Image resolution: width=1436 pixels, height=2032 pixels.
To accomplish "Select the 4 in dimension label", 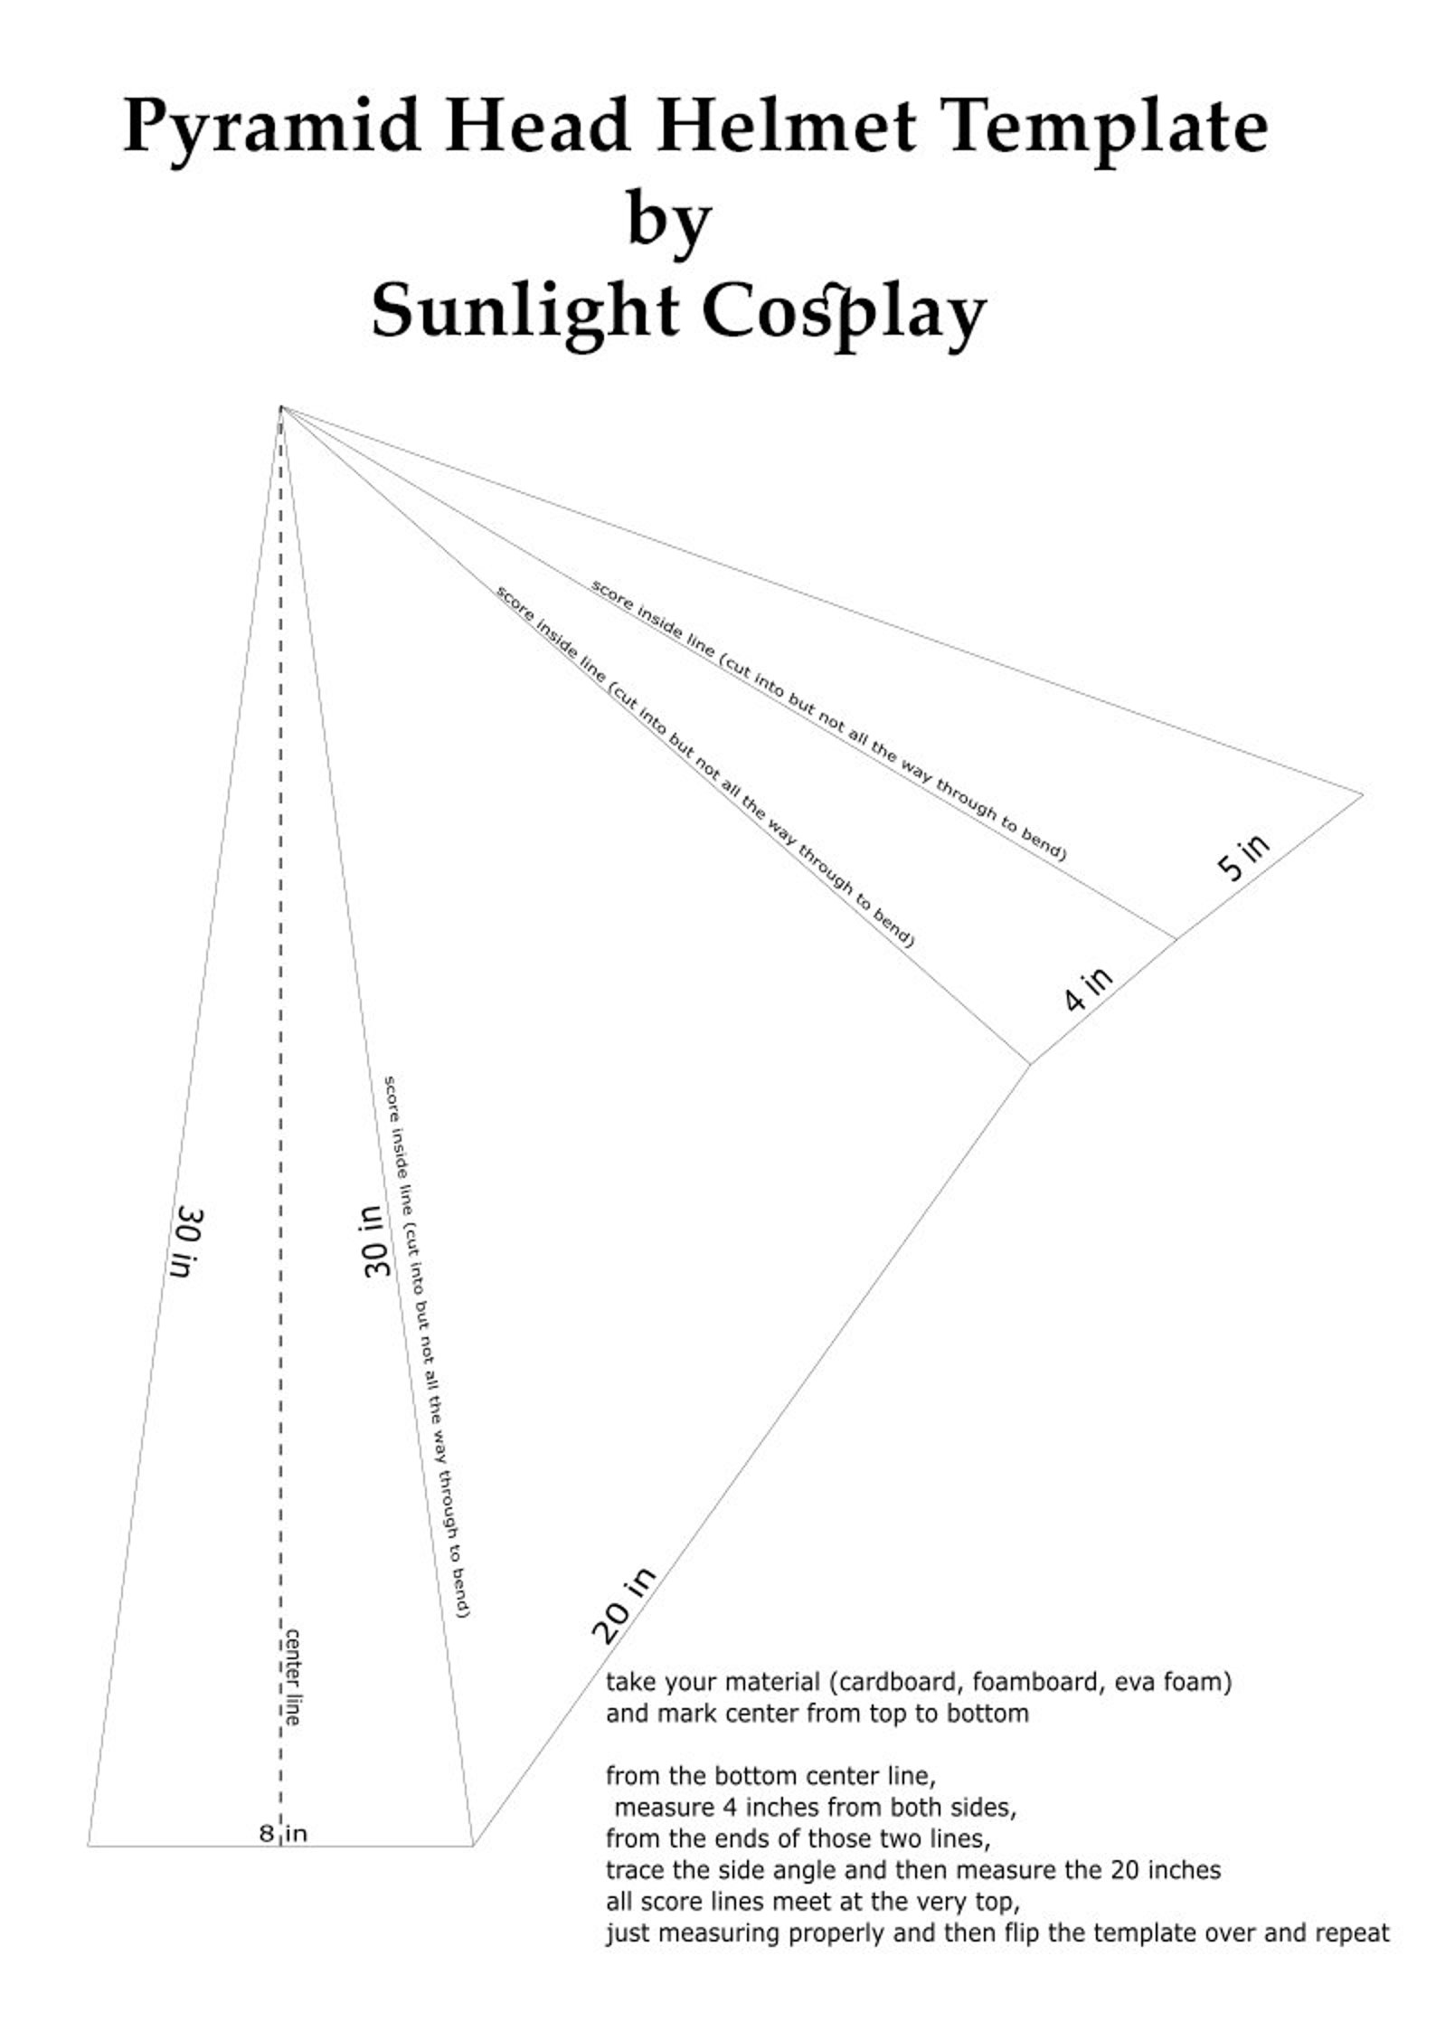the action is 1088,989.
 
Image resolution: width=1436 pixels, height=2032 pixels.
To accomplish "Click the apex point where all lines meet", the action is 281,407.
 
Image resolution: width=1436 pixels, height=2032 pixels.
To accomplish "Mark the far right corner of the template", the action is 1363,795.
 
